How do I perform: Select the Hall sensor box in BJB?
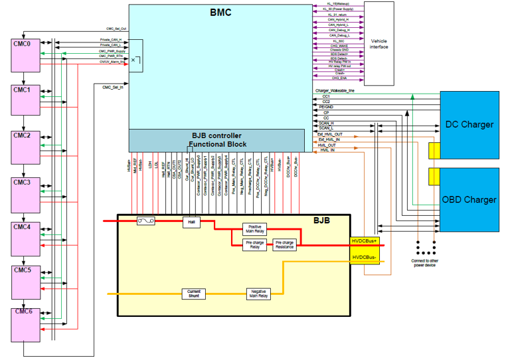(x=191, y=221)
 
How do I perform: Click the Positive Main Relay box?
(x=255, y=229)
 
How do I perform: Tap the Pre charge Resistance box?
(x=285, y=245)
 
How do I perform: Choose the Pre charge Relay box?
(x=255, y=245)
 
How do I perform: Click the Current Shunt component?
(x=193, y=293)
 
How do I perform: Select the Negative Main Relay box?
(x=259, y=293)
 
